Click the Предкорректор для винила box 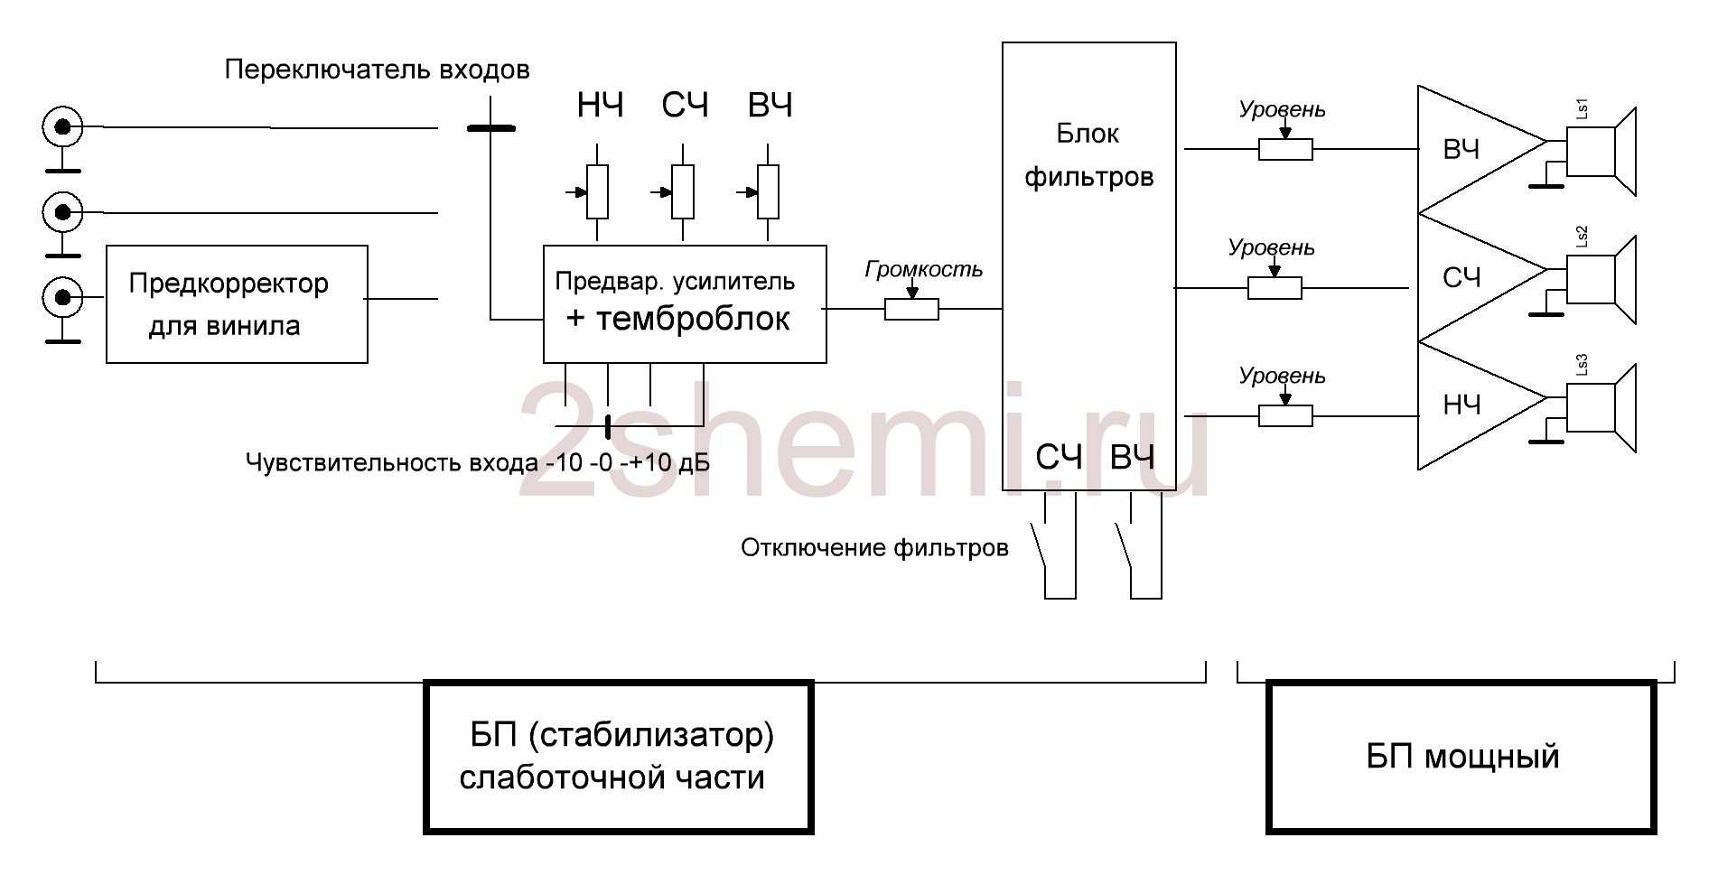(237, 304)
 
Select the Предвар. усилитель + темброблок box (684, 304)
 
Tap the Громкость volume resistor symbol (911, 310)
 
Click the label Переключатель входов (377, 70)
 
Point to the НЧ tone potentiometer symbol (597, 191)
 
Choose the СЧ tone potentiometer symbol (683, 191)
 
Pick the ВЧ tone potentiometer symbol (768, 191)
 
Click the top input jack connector (62, 127)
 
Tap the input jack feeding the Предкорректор (62, 296)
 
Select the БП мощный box (1461, 757)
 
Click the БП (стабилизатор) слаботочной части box (618, 757)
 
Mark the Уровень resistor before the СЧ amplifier (1274, 288)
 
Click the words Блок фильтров (1088, 155)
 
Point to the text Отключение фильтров (873, 548)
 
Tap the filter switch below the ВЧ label (1125, 546)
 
